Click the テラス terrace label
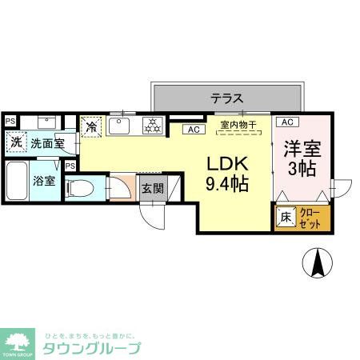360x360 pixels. pos(226,99)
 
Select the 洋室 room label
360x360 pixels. pos(302,148)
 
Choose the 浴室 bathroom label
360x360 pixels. pos(44,180)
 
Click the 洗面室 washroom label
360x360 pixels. pos(47,143)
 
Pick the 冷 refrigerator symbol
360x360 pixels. pos(92,127)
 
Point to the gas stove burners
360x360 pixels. pos(152,125)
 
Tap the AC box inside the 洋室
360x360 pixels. pos(288,122)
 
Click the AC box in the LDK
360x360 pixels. pos(193,129)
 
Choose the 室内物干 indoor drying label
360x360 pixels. pos(238,125)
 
